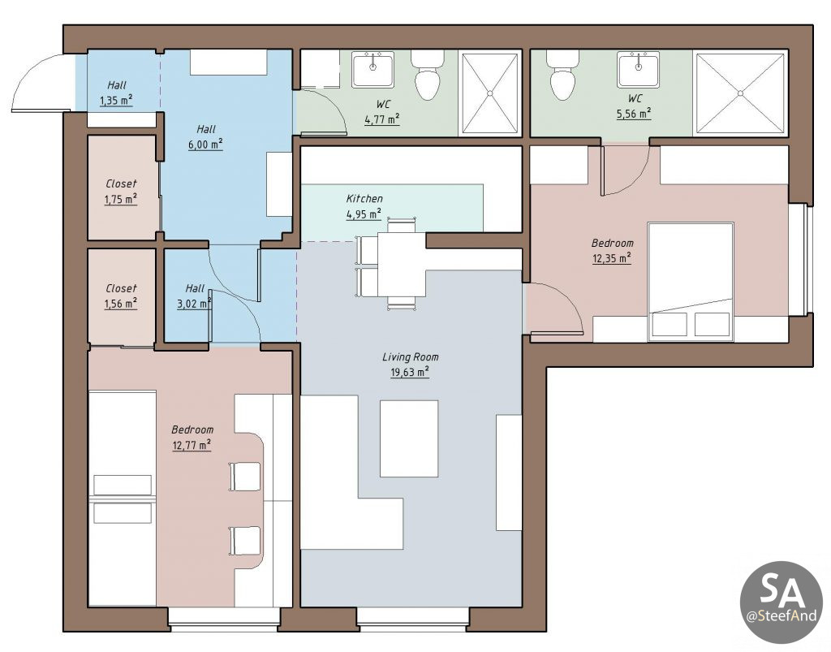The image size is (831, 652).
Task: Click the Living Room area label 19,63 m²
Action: pos(410,372)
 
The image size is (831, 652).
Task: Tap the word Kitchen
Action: pos(364,199)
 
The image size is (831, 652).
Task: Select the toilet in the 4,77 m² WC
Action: pos(427,75)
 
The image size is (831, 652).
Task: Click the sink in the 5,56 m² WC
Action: pos(638,69)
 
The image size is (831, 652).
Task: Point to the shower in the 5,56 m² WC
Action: pos(740,93)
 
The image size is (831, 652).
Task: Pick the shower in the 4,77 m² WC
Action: pos(489,93)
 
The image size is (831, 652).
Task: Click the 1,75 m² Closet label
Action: pos(121,192)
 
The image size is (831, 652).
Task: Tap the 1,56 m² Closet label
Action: pos(121,296)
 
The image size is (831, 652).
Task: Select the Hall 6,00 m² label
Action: pos(205,136)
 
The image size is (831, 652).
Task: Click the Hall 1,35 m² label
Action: pos(116,93)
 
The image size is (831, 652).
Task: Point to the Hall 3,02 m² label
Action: pos(195,296)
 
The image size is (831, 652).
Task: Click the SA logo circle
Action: pos(781,602)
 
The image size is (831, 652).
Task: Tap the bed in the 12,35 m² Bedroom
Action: pos(691,282)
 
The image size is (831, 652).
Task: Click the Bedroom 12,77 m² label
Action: pos(192,438)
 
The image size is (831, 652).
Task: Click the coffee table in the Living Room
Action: pos(409,439)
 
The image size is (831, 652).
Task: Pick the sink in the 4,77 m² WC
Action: pos(373,69)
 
